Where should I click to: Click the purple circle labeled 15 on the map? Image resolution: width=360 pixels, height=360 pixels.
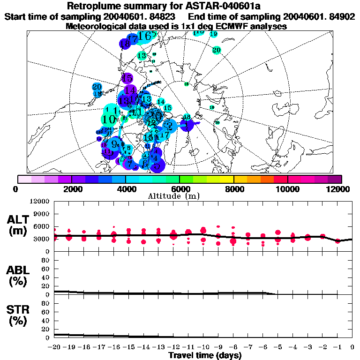pyautogui.click(x=127, y=78)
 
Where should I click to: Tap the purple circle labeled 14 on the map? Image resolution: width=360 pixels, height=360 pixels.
pyautogui.click(x=130, y=90)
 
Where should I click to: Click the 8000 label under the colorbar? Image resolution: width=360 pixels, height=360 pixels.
pyautogui.click(x=233, y=189)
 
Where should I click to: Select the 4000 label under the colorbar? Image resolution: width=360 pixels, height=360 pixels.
pyautogui.click(x=125, y=189)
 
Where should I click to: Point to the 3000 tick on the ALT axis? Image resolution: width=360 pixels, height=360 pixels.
pyautogui.click(x=42, y=239)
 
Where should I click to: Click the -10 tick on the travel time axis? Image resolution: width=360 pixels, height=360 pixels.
pyautogui.click(x=203, y=347)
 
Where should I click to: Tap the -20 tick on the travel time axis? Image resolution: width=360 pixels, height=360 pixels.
pyautogui.click(x=54, y=347)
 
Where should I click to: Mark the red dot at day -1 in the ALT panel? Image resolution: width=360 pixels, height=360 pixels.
pyautogui.click(x=337, y=241)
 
